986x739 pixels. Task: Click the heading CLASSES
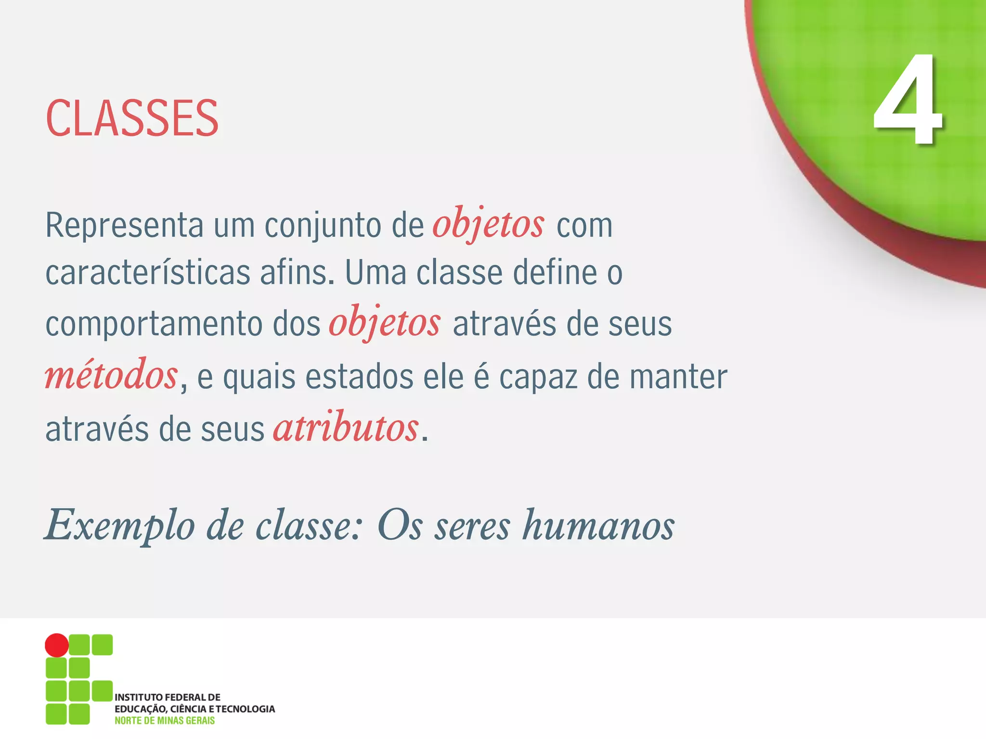click(132, 118)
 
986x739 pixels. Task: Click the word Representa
click(124, 225)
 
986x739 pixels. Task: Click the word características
click(147, 273)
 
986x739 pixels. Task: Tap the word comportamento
click(154, 324)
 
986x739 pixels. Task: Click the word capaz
click(538, 378)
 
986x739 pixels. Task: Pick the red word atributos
click(346, 428)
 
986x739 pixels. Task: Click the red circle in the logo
click(57, 645)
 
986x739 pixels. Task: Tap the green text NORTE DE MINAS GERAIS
click(165, 721)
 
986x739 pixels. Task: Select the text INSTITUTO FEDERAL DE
click(168, 697)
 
